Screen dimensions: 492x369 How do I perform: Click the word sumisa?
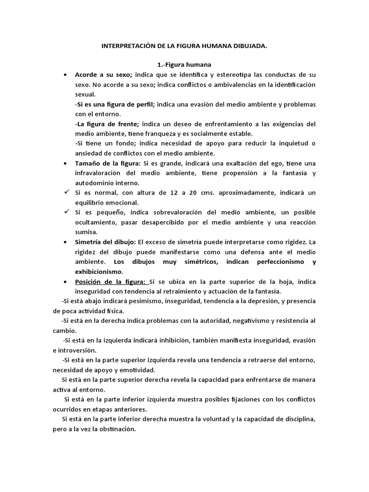pos(86,232)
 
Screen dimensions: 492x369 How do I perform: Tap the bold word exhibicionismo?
pos(98,271)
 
